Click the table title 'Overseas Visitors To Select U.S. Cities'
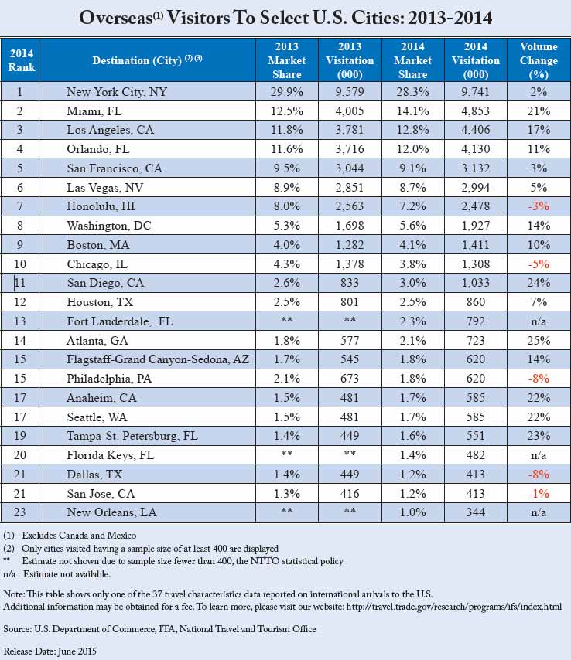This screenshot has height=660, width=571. tap(285, 17)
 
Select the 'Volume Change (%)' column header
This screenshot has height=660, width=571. tap(539, 60)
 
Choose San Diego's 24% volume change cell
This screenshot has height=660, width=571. tap(539, 283)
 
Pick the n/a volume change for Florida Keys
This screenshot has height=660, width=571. tap(539, 454)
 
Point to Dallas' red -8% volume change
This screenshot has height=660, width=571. tap(539, 474)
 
